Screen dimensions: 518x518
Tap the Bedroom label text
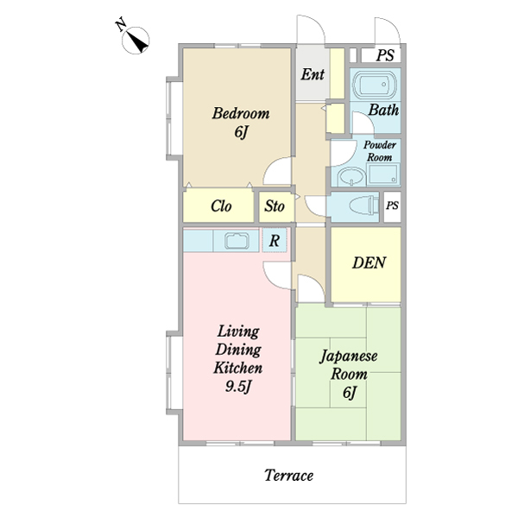pos(241,113)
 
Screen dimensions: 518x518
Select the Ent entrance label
pos(313,74)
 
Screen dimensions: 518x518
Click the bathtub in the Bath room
pos(375,85)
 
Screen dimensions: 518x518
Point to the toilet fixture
pos(363,205)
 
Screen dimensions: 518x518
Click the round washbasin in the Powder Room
pos(351,177)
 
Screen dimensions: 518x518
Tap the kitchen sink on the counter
pos(237,240)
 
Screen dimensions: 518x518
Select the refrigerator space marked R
pos(275,241)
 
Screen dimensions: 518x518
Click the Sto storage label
pos(275,206)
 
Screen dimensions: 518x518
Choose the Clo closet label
pos(221,206)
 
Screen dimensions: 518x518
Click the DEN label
pos(369,263)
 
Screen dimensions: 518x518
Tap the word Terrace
pos(288,476)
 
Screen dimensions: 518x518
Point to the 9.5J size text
pos(238,387)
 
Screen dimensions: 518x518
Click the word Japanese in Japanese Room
pos(349,357)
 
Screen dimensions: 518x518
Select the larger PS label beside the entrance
pos(385,55)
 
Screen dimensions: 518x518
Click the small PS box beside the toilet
pos(392,205)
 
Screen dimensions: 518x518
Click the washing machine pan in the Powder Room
pos(382,174)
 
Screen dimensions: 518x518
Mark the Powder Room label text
pos(380,151)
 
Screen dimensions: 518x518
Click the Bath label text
pos(383,110)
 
